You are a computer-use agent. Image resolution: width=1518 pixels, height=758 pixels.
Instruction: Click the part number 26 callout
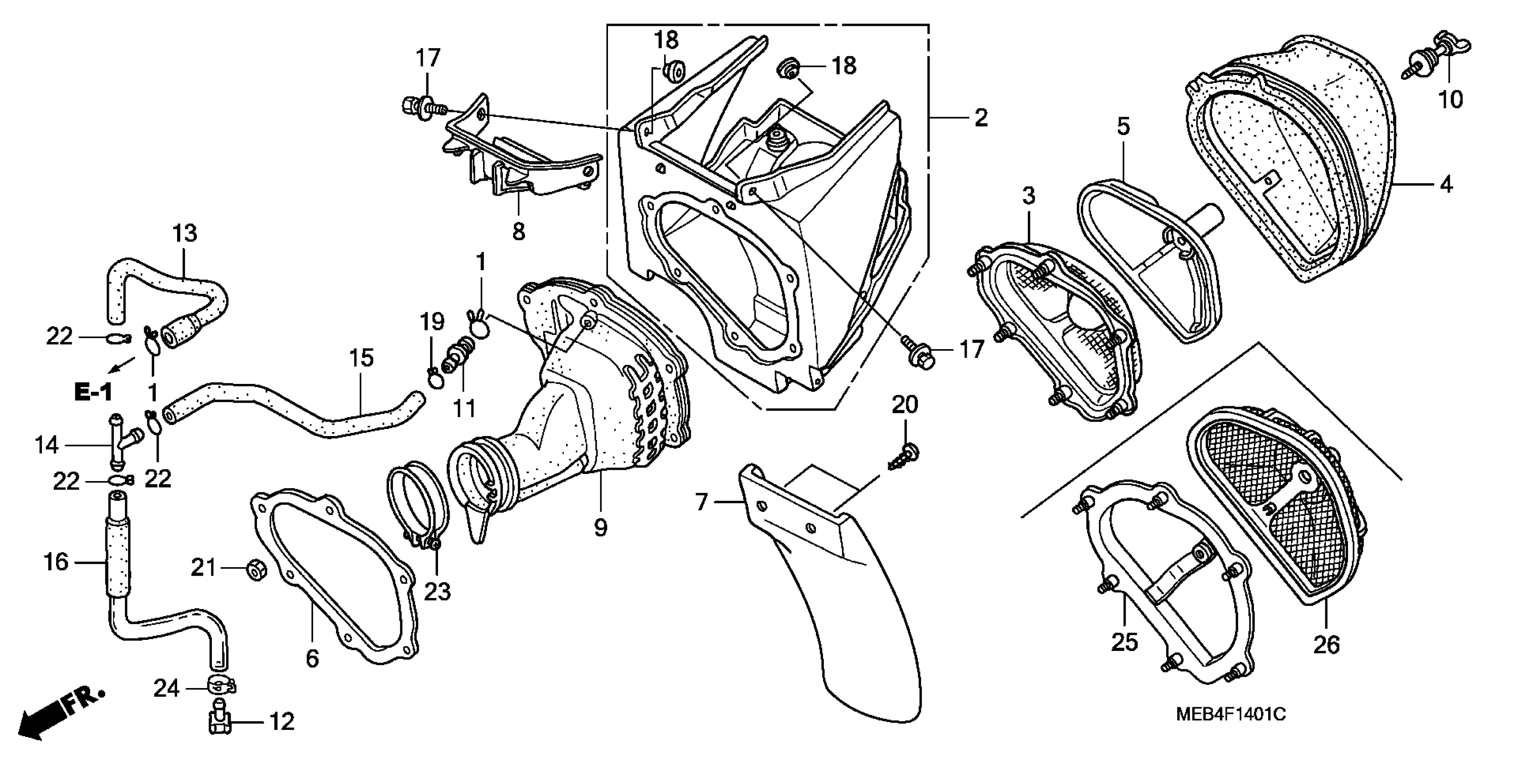(1326, 645)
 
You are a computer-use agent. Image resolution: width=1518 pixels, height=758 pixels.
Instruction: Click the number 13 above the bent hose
(184, 233)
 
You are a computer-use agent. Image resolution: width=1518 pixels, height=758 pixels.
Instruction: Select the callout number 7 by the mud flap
(701, 502)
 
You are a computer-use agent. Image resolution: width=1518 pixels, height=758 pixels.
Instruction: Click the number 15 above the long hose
(361, 358)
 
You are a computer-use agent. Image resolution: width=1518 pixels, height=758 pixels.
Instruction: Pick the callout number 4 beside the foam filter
(1446, 185)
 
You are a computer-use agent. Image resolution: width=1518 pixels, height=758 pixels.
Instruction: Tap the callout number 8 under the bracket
(518, 231)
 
